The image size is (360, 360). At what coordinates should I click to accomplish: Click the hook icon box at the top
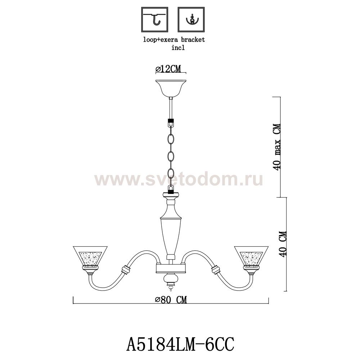(x=154, y=20)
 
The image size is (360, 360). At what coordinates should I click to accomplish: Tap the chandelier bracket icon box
(x=191, y=20)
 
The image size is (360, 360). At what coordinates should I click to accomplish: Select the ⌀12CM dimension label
(x=168, y=69)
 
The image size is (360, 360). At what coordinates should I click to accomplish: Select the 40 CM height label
(x=283, y=244)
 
